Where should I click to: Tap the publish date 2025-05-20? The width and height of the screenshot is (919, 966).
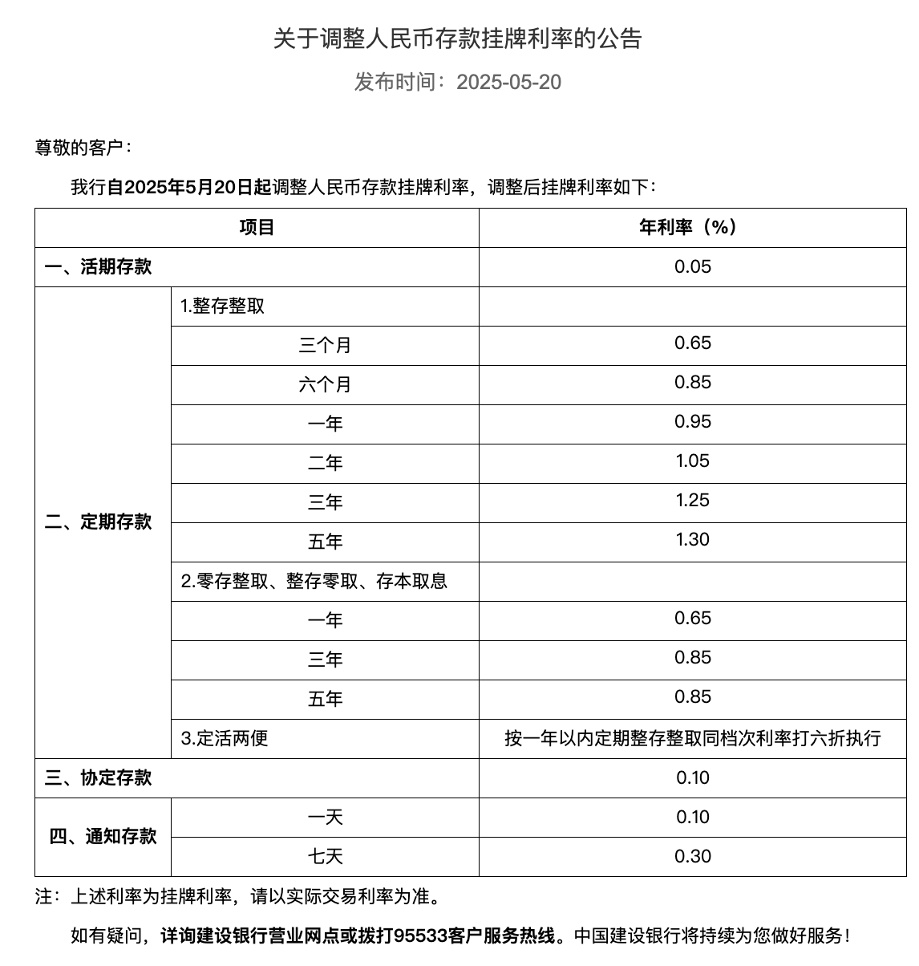(x=508, y=82)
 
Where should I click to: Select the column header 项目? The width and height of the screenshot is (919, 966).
(x=257, y=228)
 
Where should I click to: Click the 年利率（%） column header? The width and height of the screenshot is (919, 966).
(x=692, y=228)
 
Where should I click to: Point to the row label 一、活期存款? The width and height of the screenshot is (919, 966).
(x=99, y=267)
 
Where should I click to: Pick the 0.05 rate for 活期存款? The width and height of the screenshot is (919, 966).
(x=692, y=267)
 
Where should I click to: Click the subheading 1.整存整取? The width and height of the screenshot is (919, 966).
(x=223, y=306)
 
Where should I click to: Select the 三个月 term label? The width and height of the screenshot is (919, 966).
(x=325, y=346)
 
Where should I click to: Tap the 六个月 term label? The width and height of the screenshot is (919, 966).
(x=325, y=385)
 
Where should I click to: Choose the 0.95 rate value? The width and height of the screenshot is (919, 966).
(x=692, y=422)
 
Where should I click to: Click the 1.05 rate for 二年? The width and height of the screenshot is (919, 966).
(x=692, y=461)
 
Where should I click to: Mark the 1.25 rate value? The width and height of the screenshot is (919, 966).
(x=692, y=501)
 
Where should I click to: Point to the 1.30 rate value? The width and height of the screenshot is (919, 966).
(x=692, y=540)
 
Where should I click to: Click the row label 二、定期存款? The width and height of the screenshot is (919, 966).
(x=99, y=522)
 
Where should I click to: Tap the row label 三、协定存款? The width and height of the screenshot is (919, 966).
(x=99, y=778)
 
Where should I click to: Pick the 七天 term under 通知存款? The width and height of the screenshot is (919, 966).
(x=325, y=857)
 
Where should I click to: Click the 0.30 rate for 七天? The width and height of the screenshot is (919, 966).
(x=692, y=857)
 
